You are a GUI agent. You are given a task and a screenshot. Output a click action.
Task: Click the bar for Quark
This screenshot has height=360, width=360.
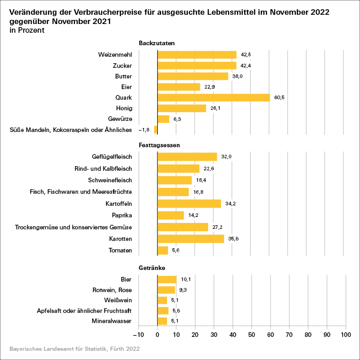[x=214, y=97]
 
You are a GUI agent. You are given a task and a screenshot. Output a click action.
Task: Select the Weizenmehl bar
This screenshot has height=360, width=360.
[x=197, y=54]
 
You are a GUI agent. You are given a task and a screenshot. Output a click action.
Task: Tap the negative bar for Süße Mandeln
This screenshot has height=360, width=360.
[x=156, y=130]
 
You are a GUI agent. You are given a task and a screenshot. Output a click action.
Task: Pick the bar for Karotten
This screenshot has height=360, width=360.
[x=191, y=239]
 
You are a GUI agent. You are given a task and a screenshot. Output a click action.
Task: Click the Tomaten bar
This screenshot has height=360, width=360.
[x=163, y=250]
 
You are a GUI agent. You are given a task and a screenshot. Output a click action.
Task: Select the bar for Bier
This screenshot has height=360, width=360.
[x=167, y=279]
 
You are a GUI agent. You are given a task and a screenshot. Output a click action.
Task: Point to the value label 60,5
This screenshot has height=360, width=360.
[x=279, y=97]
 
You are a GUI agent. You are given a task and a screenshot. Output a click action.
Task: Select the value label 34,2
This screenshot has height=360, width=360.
[x=230, y=204]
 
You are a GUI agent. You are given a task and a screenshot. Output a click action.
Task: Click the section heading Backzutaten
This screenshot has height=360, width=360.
[x=154, y=43]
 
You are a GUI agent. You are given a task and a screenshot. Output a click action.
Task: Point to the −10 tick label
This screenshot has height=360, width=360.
[x=138, y=335]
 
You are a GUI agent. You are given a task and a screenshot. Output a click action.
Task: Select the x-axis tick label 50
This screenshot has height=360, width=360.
[x=252, y=335]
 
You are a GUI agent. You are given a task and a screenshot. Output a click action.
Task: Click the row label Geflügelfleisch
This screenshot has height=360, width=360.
[x=112, y=157]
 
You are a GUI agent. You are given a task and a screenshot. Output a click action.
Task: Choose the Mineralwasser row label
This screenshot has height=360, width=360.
[x=112, y=321]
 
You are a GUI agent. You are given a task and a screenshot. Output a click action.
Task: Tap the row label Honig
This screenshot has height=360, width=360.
[x=124, y=108]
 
